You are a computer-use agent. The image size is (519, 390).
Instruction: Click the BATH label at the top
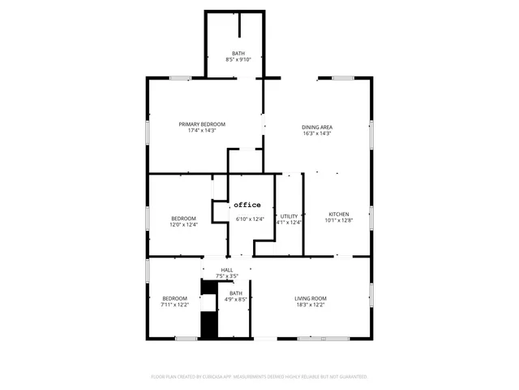coord(238,53)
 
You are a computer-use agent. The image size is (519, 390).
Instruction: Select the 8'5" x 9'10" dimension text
coord(238,59)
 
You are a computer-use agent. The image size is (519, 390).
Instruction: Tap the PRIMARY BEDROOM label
coord(202,123)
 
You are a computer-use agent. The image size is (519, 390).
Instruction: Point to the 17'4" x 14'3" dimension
coord(202,130)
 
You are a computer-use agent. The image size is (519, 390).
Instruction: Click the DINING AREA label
coord(317,127)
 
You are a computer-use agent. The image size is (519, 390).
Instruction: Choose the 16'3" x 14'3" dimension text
coord(317,133)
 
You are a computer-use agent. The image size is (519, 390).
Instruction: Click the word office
coord(247,205)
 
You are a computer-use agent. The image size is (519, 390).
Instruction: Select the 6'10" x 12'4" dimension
coord(250,219)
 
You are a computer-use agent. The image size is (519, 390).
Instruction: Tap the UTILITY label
coord(289,215)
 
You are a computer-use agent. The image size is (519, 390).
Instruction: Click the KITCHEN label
coord(338,214)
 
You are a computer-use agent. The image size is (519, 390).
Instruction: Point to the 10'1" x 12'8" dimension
coord(338,221)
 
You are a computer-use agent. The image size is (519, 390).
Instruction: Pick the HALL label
coord(227,270)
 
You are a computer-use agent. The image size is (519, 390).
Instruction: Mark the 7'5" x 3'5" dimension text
coord(227,276)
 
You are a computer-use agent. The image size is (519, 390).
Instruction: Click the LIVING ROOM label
coord(310,298)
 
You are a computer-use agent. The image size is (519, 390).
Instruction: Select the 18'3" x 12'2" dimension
coord(310,305)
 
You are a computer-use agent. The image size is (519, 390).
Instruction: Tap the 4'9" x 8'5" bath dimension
coord(235,300)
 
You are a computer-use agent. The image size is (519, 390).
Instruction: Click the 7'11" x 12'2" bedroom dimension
coord(174,305)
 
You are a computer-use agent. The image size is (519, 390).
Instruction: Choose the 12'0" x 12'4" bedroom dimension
coord(183,224)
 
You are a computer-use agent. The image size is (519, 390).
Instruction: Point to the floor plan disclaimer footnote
coord(259,377)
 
